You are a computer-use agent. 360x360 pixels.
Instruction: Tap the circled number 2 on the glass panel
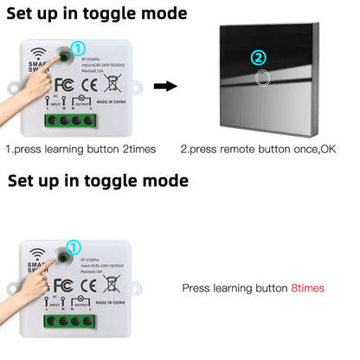pos(257,58)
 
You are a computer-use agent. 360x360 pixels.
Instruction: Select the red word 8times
pos(309,286)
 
